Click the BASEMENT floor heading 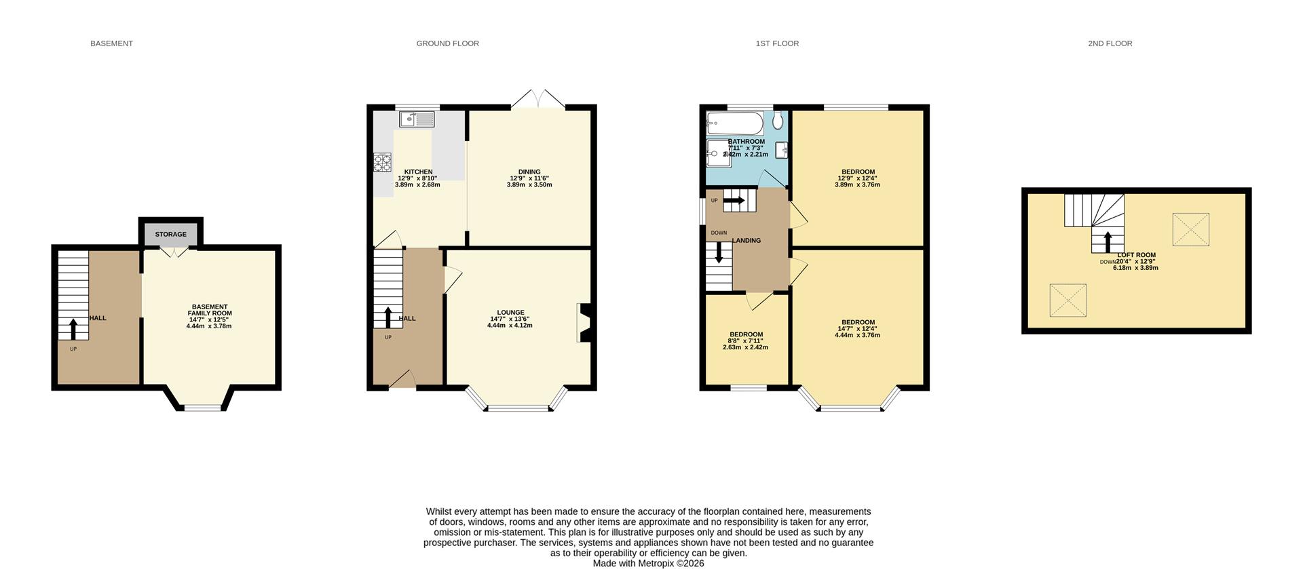tap(111, 43)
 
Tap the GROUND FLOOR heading tap(447, 43)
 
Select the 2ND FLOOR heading tap(1110, 43)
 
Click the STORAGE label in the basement tap(170, 235)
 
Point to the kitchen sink tap(417, 120)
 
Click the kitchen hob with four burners tap(383, 163)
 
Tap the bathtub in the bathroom tap(735, 123)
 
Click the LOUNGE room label tap(510, 313)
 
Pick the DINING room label tap(529, 172)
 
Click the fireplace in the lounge tap(584, 322)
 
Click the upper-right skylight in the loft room tap(1190, 229)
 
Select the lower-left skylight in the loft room tap(1068, 300)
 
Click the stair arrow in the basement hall tap(73, 329)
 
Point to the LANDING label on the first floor tap(746, 241)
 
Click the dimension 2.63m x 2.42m tap(745, 347)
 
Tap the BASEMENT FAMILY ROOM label tap(210, 310)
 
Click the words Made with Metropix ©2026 tap(648, 564)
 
